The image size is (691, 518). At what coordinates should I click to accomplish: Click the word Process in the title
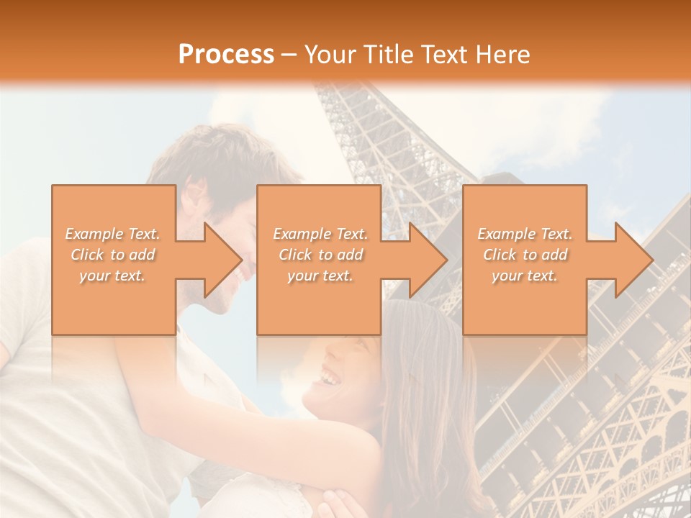[226, 54]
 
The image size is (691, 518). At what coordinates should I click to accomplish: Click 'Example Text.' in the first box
[113, 234]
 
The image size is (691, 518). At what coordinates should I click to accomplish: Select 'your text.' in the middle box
[320, 276]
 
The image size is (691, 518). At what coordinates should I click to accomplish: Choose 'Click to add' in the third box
[525, 255]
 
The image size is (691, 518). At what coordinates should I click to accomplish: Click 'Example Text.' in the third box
[525, 234]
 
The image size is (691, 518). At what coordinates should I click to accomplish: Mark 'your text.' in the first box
[112, 276]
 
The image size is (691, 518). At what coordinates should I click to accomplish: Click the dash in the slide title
[289, 55]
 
